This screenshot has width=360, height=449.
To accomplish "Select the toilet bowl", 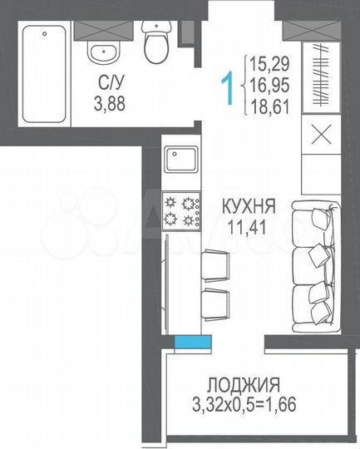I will [x=155, y=43].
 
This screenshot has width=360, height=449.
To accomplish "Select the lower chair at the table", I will [x=214, y=305].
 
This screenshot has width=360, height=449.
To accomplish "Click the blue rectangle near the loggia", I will [x=191, y=341].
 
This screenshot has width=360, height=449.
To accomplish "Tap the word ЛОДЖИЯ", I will [x=244, y=384].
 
